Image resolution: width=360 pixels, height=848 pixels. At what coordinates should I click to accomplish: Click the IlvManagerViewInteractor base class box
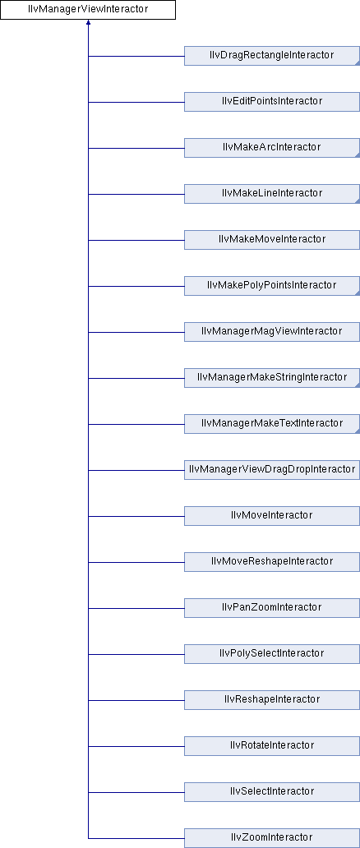tap(88, 10)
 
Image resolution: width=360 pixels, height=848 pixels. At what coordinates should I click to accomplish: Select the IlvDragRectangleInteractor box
tap(272, 56)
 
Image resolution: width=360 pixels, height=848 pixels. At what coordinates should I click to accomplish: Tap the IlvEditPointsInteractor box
tap(272, 102)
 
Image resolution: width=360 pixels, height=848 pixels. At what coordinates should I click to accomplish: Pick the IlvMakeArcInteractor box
tap(272, 148)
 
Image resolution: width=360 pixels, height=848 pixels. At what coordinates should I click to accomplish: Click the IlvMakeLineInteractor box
tap(272, 194)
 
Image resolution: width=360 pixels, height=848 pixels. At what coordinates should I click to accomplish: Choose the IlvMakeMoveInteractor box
tap(272, 240)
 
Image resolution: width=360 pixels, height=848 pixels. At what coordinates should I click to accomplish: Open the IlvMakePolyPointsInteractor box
tap(272, 286)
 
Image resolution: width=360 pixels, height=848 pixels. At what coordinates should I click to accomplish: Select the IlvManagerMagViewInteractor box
tap(272, 331)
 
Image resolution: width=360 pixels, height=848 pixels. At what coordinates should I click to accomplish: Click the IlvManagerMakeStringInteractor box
tap(272, 377)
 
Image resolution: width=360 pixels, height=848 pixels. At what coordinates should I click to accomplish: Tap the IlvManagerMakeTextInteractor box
tap(272, 423)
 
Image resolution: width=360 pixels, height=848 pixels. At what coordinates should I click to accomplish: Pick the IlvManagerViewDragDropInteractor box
tap(272, 469)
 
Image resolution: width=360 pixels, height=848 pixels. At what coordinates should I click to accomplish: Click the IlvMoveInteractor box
tap(272, 515)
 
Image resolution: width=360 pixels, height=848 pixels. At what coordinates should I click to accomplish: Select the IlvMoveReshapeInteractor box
tap(272, 561)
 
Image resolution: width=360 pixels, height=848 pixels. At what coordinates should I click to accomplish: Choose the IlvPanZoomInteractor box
tap(272, 607)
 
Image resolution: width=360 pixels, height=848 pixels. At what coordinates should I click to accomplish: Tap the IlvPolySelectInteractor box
tap(272, 653)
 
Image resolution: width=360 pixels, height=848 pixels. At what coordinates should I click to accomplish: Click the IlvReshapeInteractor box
tap(272, 699)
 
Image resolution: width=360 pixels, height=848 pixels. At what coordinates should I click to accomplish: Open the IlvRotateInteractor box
tap(272, 745)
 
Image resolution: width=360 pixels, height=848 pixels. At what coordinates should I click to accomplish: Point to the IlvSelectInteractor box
tap(272, 791)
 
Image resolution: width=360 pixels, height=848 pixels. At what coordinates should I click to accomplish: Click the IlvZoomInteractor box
tap(272, 837)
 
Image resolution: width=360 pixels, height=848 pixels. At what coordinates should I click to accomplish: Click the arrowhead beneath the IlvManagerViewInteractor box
tap(88, 23)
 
